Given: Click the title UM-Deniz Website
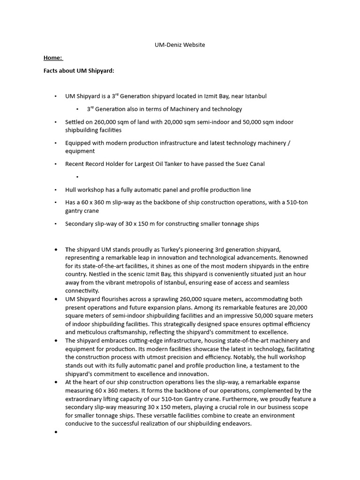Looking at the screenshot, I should pos(180,45).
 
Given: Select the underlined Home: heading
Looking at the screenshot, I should pos(52,58).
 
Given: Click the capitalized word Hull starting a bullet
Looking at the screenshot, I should pos(71,190).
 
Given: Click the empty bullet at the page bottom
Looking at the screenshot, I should pos(56,432).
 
